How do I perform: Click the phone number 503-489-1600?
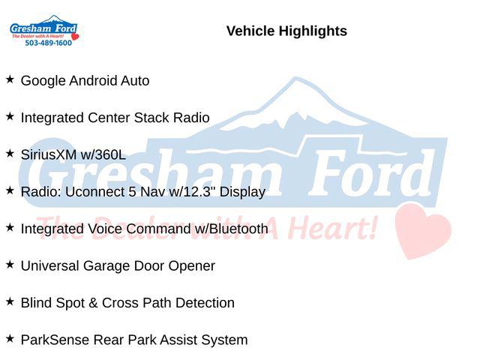coord(48,43)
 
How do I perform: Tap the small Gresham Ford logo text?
coord(43,28)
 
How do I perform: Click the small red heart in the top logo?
coord(75,37)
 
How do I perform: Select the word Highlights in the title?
coord(313,31)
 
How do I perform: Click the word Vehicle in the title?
coord(250,31)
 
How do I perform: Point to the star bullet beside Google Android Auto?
coord(10,79)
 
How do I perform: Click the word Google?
coord(43,81)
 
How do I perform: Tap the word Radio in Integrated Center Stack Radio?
coord(191,118)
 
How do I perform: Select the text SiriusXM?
coord(49,154)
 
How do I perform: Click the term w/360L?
coord(103,154)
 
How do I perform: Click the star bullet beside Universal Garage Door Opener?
coord(10,265)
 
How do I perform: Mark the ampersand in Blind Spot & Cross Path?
coord(93,303)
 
